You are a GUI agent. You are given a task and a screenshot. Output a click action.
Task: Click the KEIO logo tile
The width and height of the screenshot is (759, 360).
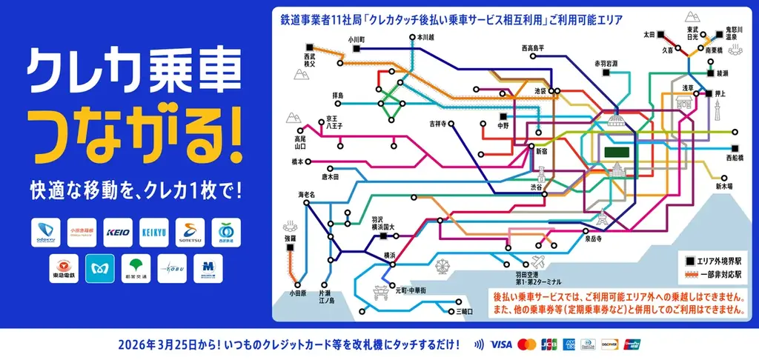coord(117,233)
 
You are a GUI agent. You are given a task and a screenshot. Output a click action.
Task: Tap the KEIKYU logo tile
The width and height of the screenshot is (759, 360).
coord(154,233)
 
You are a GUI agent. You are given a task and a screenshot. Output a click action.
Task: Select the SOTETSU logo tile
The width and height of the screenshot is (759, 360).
coord(190,233)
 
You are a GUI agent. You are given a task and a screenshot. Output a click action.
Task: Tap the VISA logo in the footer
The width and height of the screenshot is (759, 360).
coord(502,344)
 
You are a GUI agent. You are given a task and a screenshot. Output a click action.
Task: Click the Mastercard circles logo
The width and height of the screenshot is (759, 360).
coord(527,344)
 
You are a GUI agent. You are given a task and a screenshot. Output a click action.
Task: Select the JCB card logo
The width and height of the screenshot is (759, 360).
coord(548,344)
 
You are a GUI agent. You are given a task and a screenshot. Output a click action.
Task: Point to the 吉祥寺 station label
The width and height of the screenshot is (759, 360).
coord(443,123)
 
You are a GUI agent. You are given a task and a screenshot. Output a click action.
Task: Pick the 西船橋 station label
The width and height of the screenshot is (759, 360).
coord(734,158)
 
